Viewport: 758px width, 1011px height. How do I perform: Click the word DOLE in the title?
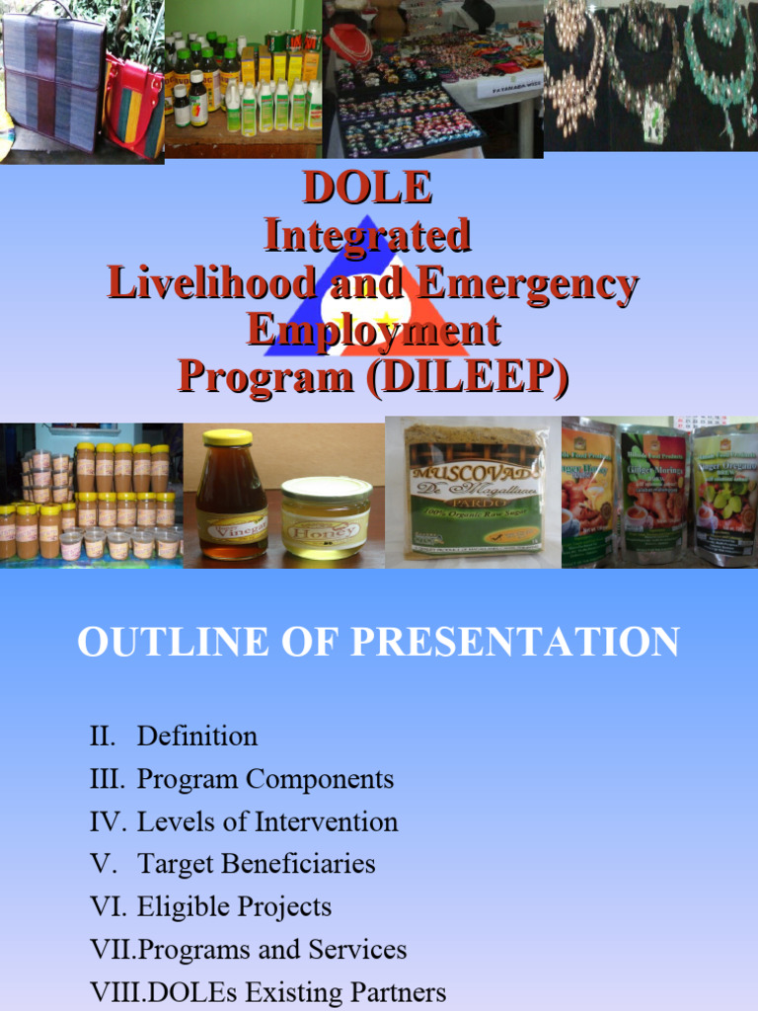click(367, 188)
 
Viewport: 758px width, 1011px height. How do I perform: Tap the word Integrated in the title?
click(367, 236)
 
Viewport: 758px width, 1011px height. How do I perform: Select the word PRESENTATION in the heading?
click(515, 643)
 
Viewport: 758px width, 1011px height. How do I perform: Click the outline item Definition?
click(196, 737)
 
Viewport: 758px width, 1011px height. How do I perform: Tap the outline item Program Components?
click(265, 779)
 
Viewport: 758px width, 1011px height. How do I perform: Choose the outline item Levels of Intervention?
click(266, 821)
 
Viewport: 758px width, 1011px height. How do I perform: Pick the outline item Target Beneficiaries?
click(256, 864)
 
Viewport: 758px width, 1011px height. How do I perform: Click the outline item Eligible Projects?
click(234, 906)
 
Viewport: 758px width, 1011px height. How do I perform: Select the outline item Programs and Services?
click(271, 950)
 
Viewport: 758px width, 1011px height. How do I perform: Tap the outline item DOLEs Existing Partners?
click(291, 992)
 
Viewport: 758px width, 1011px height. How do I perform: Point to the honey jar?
click(326, 517)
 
